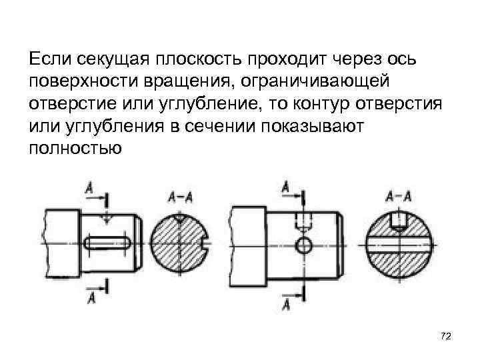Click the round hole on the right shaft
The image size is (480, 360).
pyautogui.click(x=304, y=245)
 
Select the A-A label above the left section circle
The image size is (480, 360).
pyautogui.click(x=181, y=197)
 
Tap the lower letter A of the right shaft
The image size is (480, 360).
pyautogui.click(x=286, y=305)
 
